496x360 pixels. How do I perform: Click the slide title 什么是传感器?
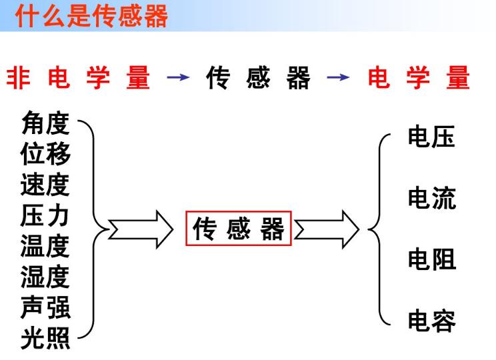pyautogui.click(x=91, y=16)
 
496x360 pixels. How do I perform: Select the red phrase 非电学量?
pyautogui.click(x=78, y=77)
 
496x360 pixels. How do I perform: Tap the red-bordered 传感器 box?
pyautogui.click(x=239, y=229)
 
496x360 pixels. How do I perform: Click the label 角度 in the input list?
pyautogui.click(x=45, y=123)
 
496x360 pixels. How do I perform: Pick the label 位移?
pyautogui.click(x=45, y=153)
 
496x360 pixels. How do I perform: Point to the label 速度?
pyautogui.click(x=45, y=185)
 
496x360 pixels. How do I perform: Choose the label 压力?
pyautogui.click(x=45, y=215)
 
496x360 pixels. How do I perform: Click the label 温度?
pyautogui.click(x=45, y=246)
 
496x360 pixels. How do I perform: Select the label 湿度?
pyautogui.click(x=45, y=277)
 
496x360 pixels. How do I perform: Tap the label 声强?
pyautogui.click(x=45, y=307)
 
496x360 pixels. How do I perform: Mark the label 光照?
pyautogui.click(x=45, y=338)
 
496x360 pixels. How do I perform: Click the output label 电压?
pyautogui.click(x=431, y=137)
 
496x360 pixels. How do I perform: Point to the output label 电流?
pyautogui.click(x=432, y=198)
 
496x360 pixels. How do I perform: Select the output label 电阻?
pyautogui.click(x=432, y=259)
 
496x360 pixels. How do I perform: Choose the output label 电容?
pyautogui.click(x=432, y=321)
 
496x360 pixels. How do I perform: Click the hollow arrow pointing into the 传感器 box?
pyautogui.click(x=141, y=229)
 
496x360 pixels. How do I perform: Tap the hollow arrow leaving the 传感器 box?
pyautogui.click(x=327, y=229)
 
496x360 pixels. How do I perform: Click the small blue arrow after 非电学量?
pyautogui.click(x=178, y=77)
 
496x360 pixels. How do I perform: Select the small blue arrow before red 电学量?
pyautogui.click(x=338, y=77)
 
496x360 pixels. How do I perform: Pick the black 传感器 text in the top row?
pyautogui.click(x=258, y=77)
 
